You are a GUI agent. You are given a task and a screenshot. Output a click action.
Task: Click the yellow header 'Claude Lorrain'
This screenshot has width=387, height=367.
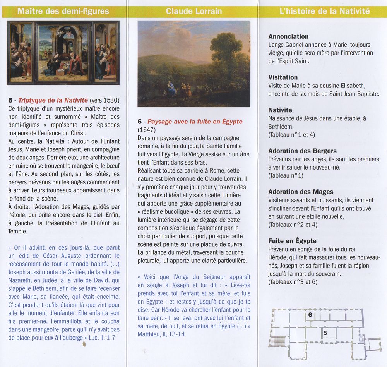194,11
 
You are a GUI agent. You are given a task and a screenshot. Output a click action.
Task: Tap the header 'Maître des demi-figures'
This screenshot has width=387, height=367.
63,11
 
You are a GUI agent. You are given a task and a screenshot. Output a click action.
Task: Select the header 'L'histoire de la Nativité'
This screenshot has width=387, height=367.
324,11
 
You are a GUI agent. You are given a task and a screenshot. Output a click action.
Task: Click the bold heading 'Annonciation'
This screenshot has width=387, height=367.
288,36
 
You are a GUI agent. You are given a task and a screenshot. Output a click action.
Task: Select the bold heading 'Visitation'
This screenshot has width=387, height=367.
283,77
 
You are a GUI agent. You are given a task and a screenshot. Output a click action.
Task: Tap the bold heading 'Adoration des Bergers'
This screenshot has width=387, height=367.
302,151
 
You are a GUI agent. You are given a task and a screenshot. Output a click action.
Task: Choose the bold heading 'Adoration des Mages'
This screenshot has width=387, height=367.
301,192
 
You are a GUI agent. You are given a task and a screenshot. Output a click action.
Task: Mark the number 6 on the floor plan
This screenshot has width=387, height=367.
310,315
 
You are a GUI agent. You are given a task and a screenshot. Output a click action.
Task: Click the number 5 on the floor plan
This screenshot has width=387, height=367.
325,333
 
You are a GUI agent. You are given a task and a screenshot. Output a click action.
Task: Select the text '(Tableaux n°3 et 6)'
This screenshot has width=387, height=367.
293,282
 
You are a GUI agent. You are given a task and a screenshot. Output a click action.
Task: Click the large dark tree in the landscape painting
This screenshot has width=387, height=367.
226,50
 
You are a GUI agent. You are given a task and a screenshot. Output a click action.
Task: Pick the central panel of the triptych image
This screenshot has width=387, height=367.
64,53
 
